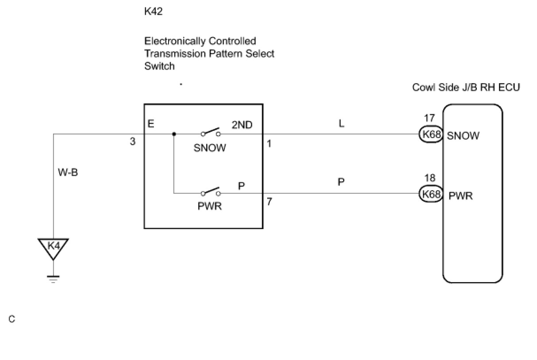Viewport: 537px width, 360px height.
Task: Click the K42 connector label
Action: coord(153,11)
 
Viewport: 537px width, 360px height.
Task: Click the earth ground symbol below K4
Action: coord(53,279)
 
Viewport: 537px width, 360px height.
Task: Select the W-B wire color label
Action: coord(68,172)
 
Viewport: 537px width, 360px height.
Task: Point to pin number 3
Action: coord(133,142)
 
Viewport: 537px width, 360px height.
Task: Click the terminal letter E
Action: coord(151,124)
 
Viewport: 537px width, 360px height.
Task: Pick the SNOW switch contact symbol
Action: coord(211,132)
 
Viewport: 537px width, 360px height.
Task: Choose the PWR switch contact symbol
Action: coord(211,191)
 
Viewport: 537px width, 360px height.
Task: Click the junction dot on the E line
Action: coord(174,134)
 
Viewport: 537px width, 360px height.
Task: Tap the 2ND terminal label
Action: coord(242,125)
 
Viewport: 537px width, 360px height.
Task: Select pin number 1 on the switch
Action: coord(269,144)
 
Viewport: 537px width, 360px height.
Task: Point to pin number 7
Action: coord(269,202)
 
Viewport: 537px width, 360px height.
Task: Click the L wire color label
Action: coord(341,124)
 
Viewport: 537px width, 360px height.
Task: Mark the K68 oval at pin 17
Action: coord(431,134)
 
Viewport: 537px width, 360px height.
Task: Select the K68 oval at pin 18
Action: coord(431,194)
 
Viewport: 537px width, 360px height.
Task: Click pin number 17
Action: coord(429,118)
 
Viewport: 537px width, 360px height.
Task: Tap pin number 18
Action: coord(430,178)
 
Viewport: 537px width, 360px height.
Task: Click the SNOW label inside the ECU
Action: coord(463,136)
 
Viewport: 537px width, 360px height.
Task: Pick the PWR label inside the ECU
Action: coord(460,196)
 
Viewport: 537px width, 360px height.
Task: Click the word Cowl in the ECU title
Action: coord(423,87)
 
